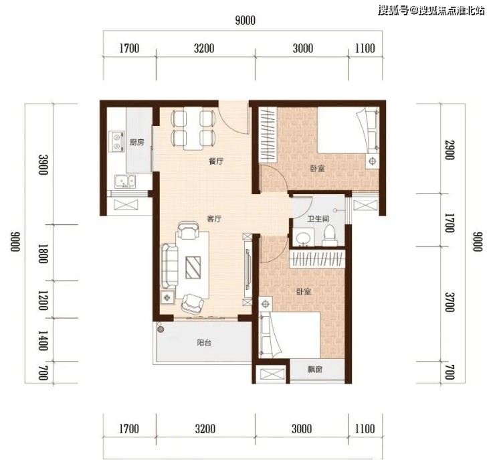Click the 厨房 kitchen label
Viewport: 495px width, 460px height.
point(136,143)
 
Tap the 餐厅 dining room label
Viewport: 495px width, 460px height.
point(216,161)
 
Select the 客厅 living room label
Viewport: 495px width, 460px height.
point(214,219)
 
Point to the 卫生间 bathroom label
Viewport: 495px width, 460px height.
point(318,219)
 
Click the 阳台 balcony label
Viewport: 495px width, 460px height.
point(204,342)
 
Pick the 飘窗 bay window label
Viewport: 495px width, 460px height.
point(315,369)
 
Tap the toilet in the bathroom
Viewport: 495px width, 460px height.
point(330,236)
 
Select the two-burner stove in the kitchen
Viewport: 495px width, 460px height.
point(116,141)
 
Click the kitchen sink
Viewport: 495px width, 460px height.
point(124,181)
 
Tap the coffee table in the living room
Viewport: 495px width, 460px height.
point(193,267)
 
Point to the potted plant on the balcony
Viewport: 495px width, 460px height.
point(161,329)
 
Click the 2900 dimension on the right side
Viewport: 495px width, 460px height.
point(450,150)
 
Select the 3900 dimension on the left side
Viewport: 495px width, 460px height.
point(43,164)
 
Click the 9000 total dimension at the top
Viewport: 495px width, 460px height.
point(245,21)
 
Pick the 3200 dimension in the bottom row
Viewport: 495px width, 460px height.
point(205,429)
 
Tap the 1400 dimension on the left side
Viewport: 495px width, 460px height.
point(43,341)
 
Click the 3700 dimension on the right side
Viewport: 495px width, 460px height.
point(450,302)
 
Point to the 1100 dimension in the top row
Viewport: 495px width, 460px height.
point(365,48)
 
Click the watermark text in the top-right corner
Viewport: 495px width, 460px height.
point(431,11)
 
